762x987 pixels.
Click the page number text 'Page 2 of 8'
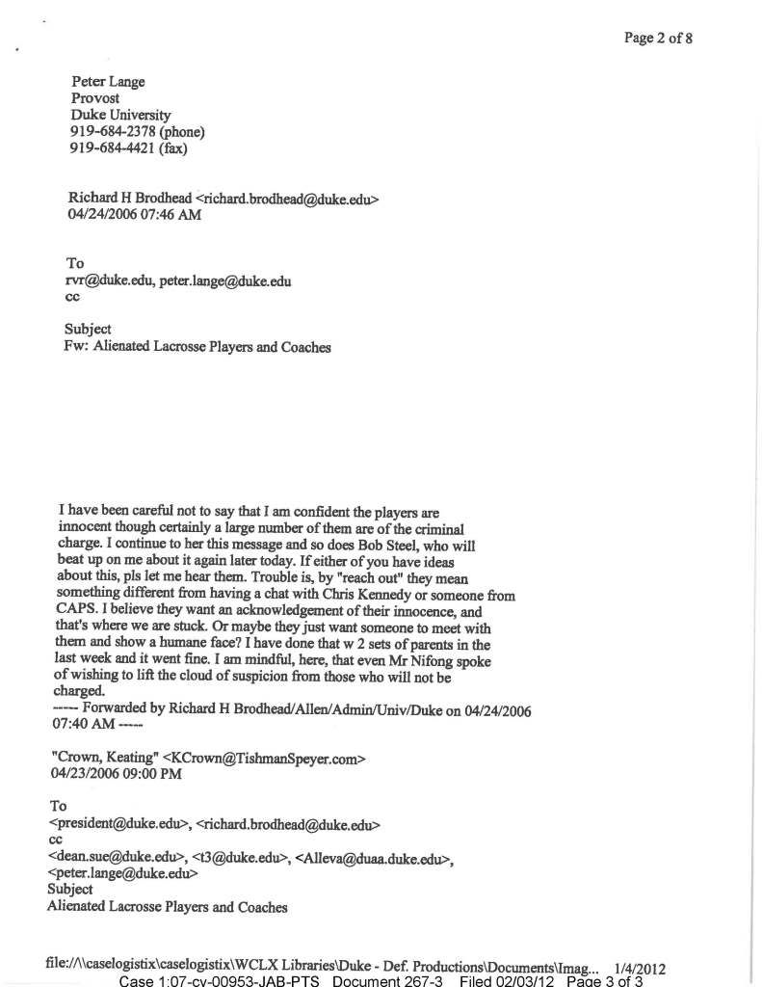pyautogui.click(x=658, y=38)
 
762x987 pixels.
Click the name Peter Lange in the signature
pyautogui.click(x=108, y=82)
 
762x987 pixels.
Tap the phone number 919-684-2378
pyautogui.click(x=113, y=132)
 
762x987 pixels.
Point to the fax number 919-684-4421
pyautogui.click(x=113, y=148)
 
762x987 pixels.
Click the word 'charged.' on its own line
pyautogui.click(x=79, y=693)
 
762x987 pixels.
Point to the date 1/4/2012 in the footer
pyautogui.click(x=640, y=967)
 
